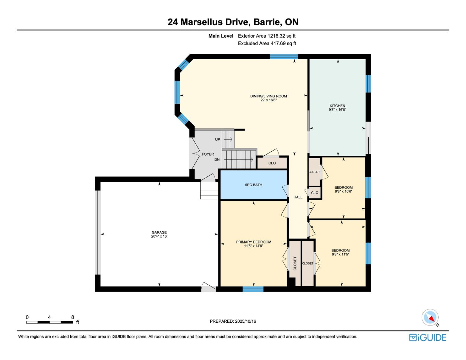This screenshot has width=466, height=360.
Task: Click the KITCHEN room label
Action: coord(337,106)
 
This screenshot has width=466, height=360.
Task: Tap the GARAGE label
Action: coord(159,232)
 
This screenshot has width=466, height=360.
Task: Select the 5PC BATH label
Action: coord(253,185)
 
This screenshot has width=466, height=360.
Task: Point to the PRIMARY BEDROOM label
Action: coord(254,242)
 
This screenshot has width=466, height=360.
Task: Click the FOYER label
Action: coord(208,154)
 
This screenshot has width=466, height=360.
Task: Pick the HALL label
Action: coord(298,197)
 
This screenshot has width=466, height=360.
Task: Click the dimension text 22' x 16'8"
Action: coord(268,100)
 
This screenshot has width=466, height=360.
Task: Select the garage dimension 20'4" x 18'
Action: coord(159,236)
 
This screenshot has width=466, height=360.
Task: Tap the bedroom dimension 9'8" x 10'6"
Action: coord(344,191)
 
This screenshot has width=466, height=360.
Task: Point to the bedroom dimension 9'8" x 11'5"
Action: coord(340,254)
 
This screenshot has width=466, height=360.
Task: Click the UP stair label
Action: coord(217,139)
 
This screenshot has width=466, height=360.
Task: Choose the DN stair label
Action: coord(217,160)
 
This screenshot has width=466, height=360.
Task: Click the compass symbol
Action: coord(430,317)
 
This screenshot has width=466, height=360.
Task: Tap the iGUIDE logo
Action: coord(428,338)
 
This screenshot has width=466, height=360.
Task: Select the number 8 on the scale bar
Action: coord(73,317)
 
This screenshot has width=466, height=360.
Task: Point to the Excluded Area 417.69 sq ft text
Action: coord(267,43)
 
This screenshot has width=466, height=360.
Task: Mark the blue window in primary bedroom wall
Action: coord(253,289)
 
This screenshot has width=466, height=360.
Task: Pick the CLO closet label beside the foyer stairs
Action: coord(272,163)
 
